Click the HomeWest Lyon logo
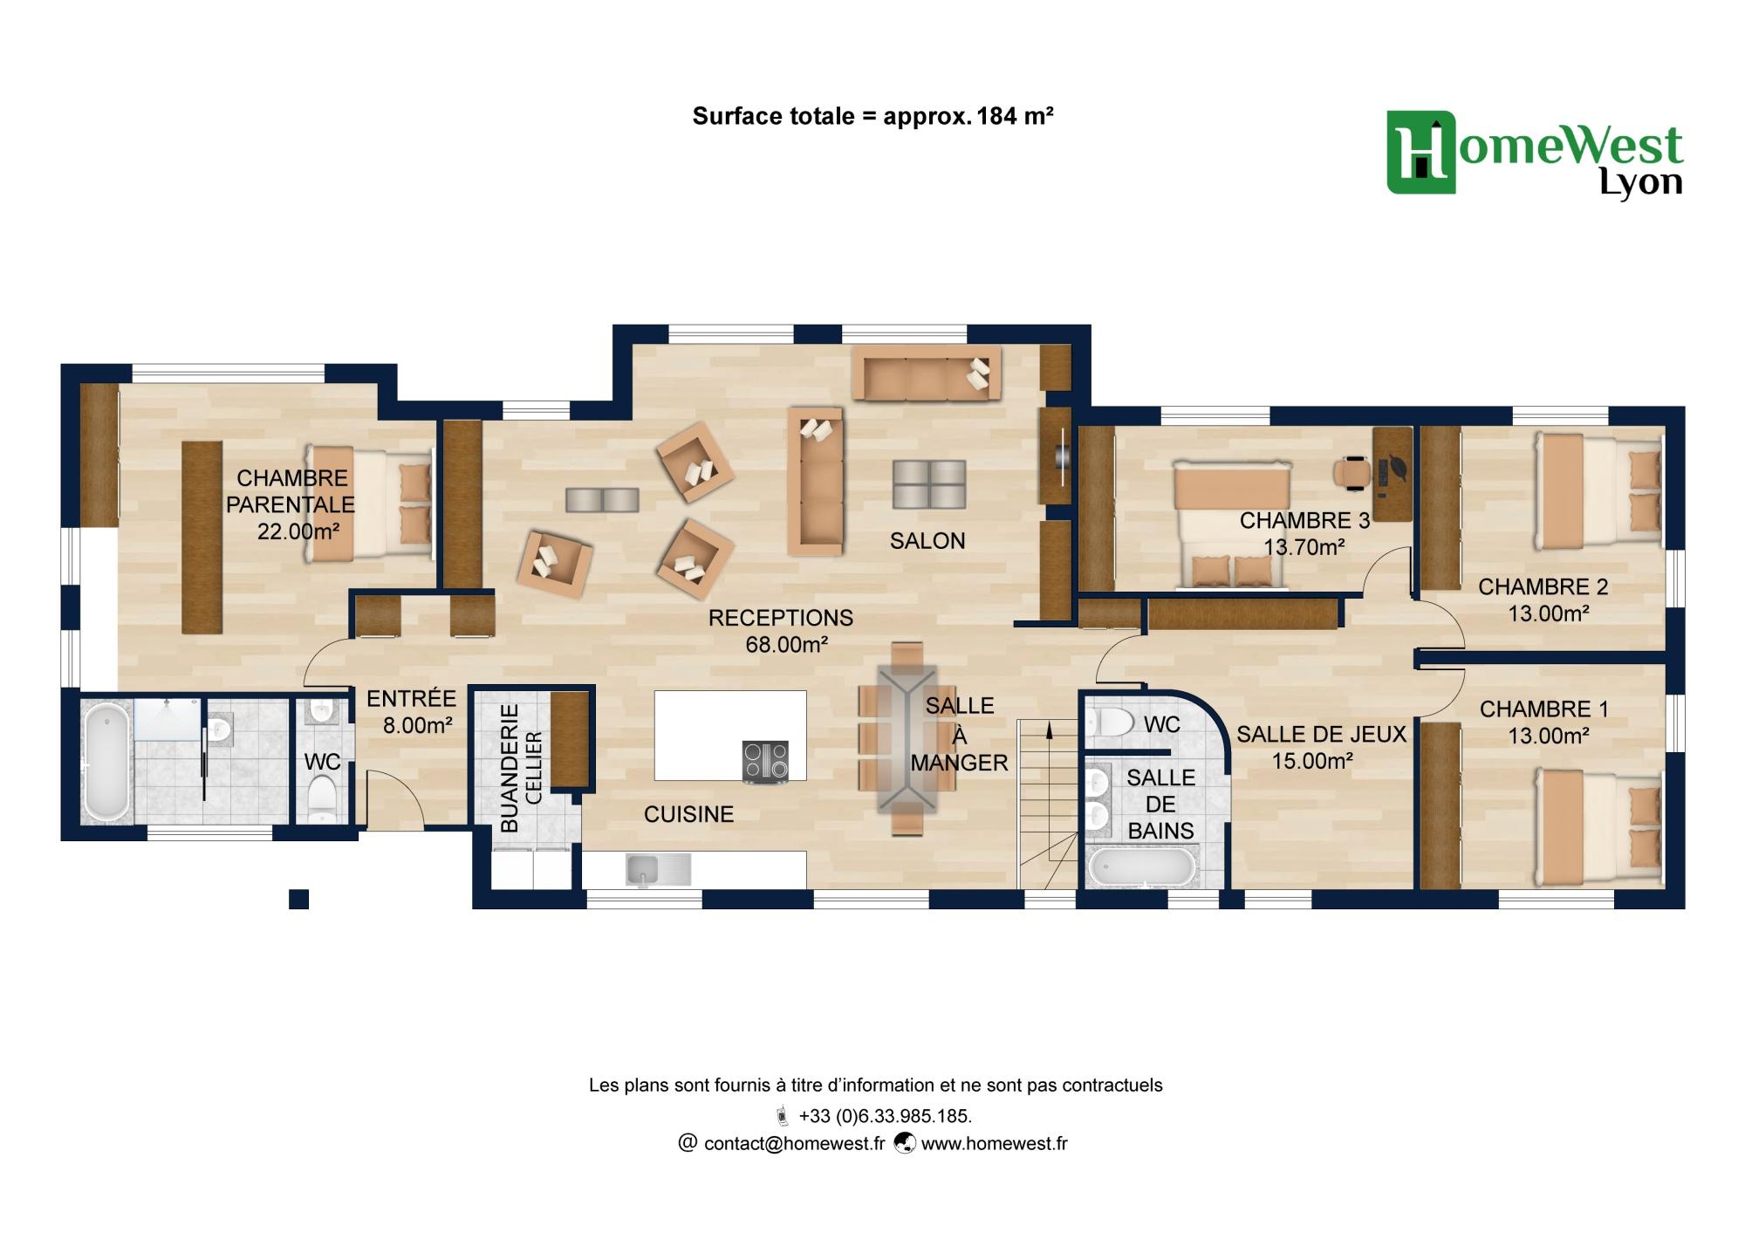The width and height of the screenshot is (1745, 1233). coord(1535,154)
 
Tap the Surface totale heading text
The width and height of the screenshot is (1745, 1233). coord(872,116)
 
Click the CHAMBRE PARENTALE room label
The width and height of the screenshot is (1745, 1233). coord(291,491)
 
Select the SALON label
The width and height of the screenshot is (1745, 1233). coord(927,541)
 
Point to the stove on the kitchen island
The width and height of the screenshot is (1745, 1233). coord(765,761)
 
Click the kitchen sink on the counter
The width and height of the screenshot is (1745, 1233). coord(658,870)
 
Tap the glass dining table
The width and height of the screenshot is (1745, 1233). coord(907,739)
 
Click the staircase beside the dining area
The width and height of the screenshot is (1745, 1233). coord(1048,804)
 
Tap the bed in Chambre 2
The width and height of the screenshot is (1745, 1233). coord(1598,492)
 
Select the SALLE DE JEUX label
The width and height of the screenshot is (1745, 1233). coord(1321,735)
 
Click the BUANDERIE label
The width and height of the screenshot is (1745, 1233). coord(510,768)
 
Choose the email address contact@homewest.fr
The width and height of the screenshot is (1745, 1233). coord(794,1143)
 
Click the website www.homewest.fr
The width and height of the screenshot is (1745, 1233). coord(994,1143)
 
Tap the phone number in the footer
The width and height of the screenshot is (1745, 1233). coord(885,1116)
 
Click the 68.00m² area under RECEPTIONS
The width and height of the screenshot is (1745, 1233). coord(786,645)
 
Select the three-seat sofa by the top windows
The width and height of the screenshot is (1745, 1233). coord(927,373)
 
